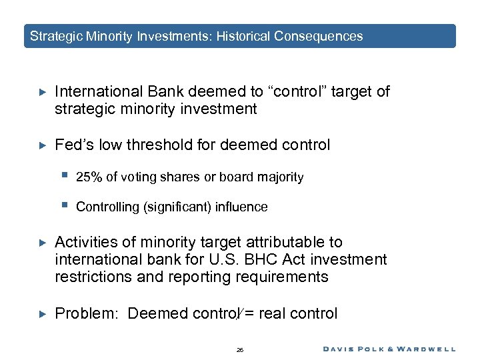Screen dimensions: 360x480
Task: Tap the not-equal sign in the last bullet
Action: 247,313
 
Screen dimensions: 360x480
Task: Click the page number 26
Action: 240,349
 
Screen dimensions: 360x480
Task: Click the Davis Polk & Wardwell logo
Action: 390,349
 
